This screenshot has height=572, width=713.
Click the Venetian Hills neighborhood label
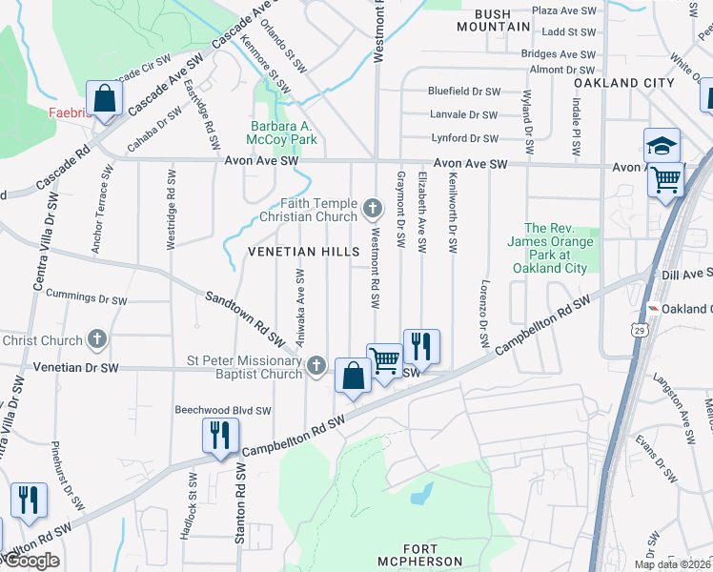(x=304, y=252)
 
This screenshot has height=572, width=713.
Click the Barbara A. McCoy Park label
(x=281, y=133)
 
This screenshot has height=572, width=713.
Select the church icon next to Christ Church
(x=96, y=339)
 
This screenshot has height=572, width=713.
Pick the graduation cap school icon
(x=662, y=145)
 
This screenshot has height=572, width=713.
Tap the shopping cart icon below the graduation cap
(x=666, y=178)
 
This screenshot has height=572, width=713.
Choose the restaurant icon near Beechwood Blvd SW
(x=219, y=434)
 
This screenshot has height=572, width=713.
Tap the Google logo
(x=31, y=561)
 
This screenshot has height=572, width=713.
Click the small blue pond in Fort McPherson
(x=420, y=493)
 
